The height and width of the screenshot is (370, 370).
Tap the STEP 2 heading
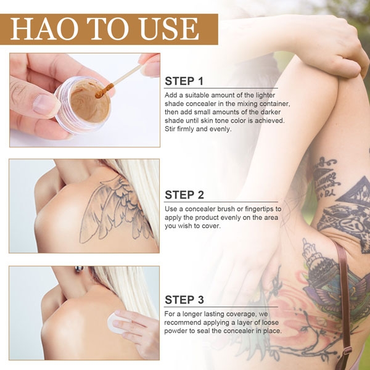184,195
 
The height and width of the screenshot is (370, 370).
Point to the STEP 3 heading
184,300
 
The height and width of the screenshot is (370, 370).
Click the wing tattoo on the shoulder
117,207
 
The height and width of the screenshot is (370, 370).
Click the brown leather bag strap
343,296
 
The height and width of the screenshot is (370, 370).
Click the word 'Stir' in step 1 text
171,129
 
